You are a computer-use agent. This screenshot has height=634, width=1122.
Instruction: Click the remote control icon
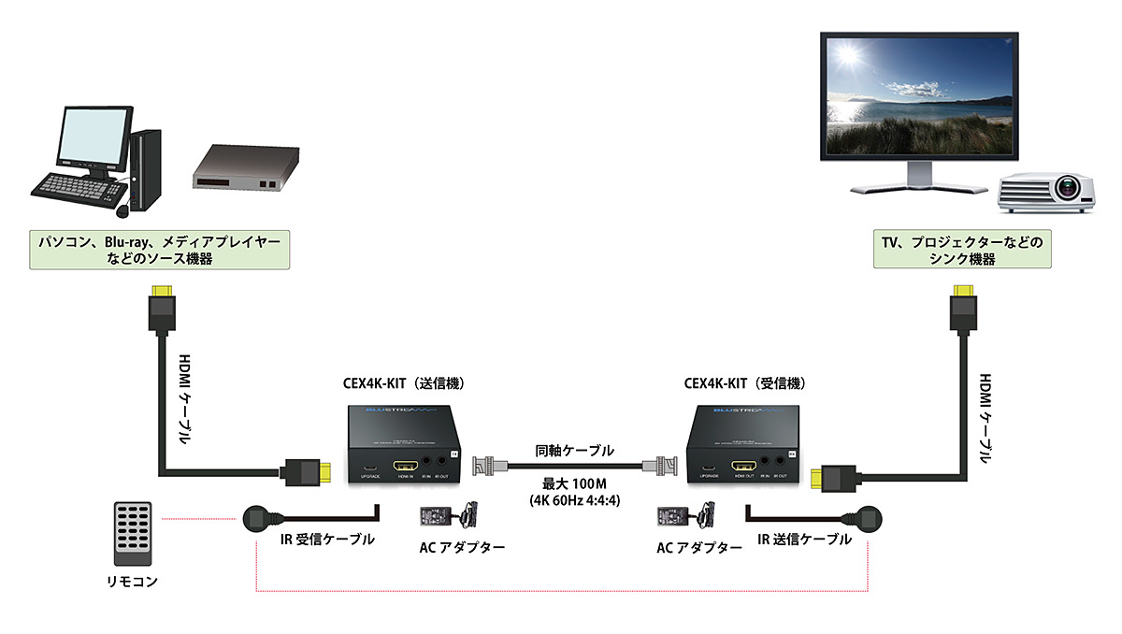(x=132, y=533)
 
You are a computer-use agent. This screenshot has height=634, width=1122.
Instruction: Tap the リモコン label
(x=132, y=582)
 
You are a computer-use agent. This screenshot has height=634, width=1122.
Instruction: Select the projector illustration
(x=1046, y=191)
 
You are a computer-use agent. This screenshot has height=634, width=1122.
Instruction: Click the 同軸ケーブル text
(x=574, y=450)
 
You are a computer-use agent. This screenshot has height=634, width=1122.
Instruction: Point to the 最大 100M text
(x=574, y=483)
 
